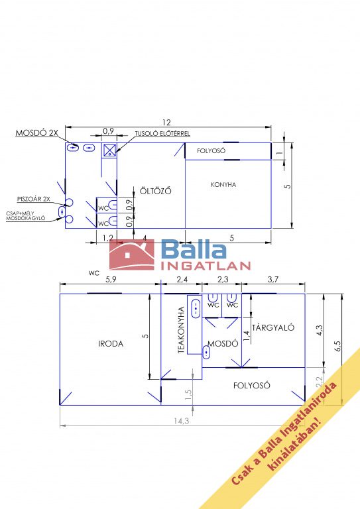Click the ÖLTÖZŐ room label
(x=156, y=191)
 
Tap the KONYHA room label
(x=223, y=185)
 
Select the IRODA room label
(x=111, y=344)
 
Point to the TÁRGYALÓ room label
(x=273, y=327)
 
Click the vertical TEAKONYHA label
(x=181, y=330)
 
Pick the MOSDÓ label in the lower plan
(x=223, y=343)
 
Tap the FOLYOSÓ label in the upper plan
(x=211, y=151)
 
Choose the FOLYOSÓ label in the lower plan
(x=251, y=385)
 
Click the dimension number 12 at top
(x=166, y=123)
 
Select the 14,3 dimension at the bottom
(x=182, y=421)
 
